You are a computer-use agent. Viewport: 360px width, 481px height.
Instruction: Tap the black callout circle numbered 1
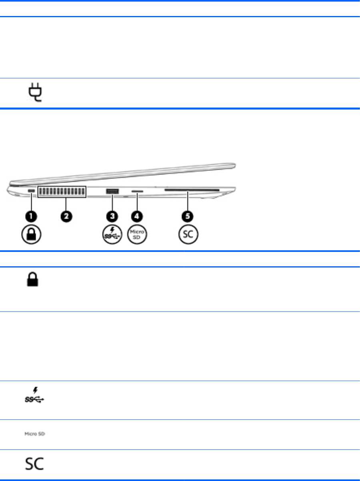click(32, 216)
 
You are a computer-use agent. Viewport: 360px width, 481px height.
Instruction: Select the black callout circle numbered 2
click(66, 216)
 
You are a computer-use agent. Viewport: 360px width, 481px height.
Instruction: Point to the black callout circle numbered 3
click(112, 216)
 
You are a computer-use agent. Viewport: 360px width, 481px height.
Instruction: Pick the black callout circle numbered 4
click(138, 216)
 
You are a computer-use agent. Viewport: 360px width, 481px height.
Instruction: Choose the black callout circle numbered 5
click(188, 216)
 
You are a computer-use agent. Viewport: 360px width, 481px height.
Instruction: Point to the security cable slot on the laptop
click(32, 192)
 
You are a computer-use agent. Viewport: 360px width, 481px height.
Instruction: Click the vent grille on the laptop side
click(62, 192)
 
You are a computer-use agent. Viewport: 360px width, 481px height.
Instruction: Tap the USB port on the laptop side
click(112, 192)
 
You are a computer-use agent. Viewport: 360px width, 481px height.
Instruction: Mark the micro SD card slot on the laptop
click(138, 192)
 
